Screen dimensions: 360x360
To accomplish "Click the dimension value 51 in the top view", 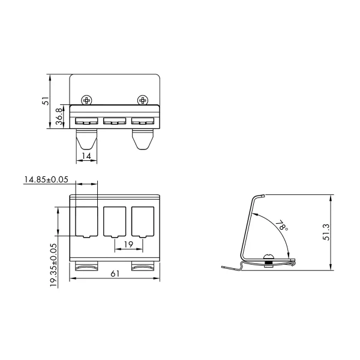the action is pos(46,101).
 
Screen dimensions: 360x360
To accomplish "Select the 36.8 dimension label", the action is pos(59,116).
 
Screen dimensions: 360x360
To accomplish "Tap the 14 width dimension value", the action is pos(86,156).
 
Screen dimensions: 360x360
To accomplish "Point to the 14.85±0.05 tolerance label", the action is pos(46,179).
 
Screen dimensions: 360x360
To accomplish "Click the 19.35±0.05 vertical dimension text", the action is pos(53,265).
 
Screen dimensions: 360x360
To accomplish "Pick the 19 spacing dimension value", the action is pos(128,244).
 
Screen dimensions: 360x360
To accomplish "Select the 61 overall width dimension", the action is pos(115,274).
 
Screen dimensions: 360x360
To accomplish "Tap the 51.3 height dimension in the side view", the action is pos(326,232).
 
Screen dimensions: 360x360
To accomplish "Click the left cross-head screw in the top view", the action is pos(87,100).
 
